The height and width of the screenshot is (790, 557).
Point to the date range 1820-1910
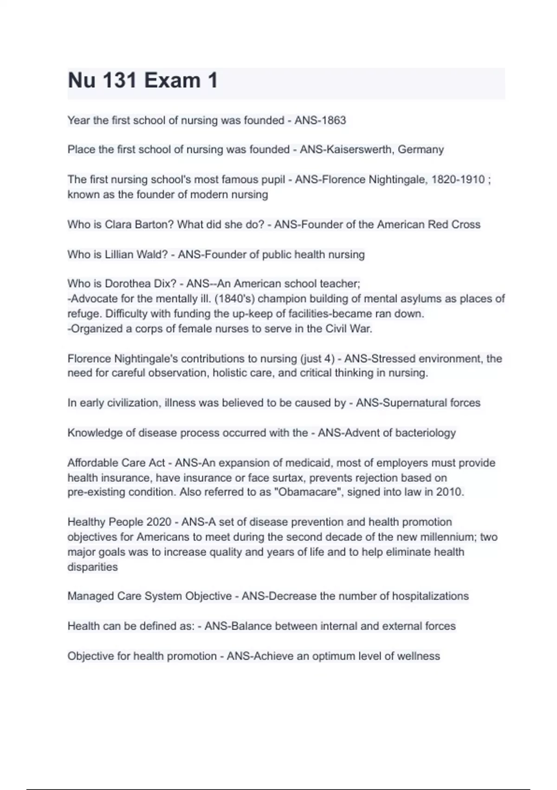tap(458, 179)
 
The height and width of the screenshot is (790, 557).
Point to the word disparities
tap(93, 567)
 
